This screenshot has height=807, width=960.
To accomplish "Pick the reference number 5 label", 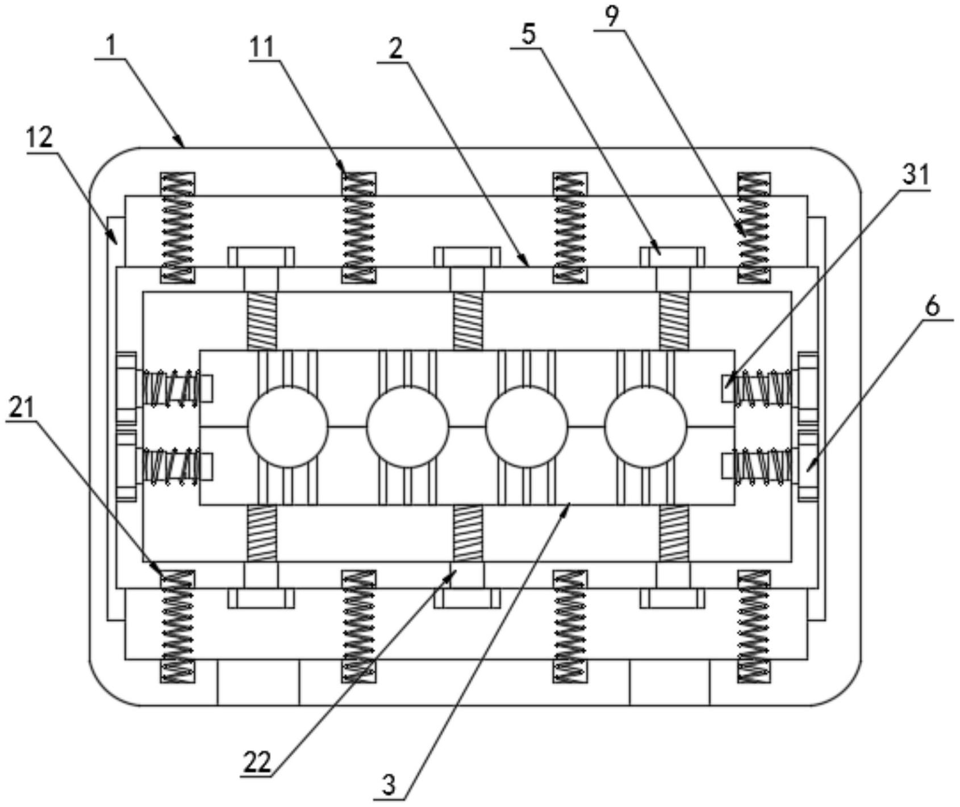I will pos(528,35).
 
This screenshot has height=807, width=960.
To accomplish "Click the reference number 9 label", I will pos(611,17).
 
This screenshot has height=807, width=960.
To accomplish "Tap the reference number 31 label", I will pos(915,175).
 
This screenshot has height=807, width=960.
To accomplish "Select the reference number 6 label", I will pos(932,307).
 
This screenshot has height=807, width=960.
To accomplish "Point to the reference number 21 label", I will pos(22,407).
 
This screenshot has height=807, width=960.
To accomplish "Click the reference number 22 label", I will pos(257,762).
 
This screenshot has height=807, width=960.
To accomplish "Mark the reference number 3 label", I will pos(389,785).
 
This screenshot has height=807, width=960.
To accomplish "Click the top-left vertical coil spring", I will pos(177,228).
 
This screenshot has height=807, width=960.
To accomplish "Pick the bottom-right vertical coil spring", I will pos(754,626).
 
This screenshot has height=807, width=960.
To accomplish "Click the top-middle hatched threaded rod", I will pos(468,321).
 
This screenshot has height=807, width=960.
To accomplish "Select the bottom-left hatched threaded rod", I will pos(262,533).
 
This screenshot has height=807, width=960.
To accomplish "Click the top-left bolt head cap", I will pos(261,256).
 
